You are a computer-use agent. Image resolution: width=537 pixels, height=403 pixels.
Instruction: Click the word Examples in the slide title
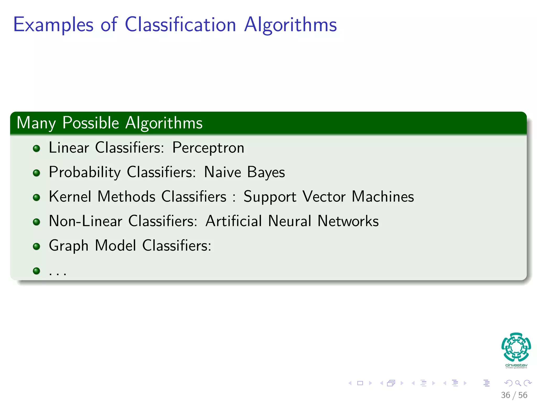pyautogui.click(x=53, y=25)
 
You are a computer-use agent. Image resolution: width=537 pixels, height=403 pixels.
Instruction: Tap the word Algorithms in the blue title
pyautogui.click(x=290, y=25)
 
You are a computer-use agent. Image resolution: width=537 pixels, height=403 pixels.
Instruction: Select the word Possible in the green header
pyautogui.click(x=91, y=123)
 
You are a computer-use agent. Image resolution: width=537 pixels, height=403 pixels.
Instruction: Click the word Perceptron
pyautogui.click(x=208, y=148)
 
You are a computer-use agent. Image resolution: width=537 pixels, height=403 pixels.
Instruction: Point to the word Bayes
pyautogui.click(x=266, y=172)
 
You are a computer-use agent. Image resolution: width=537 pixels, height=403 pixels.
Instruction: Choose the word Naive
pyautogui.click(x=222, y=172)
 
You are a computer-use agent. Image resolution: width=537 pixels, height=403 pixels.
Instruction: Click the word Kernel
pyautogui.click(x=70, y=197)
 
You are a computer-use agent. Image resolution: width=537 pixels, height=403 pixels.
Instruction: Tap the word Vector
pyautogui.click(x=324, y=197)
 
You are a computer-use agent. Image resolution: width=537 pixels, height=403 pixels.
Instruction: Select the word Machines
pyautogui.click(x=383, y=197)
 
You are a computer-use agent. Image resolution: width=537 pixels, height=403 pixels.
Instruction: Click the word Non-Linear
pyautogui.click(x=85, y=221)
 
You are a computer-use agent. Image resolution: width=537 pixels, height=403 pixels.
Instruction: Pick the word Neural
pyautogui.click(x=290, y=221)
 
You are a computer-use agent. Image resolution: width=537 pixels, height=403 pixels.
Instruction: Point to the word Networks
pyautogui.click(x=348, y=221)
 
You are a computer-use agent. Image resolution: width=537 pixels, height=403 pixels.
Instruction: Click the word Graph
pyautogui.click(x=68, y=246)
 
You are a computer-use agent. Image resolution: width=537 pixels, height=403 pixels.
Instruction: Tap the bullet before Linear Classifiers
pyautogui.click(x=36, y=149)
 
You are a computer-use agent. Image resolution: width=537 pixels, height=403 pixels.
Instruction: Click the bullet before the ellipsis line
pyautogui.click(x=36, y=271)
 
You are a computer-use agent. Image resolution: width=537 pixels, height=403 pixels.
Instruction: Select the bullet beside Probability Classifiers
pyautogui.click(x=36, y=173)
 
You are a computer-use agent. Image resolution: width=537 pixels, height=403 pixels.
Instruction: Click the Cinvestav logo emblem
pyautogui.click(x=516, y=347)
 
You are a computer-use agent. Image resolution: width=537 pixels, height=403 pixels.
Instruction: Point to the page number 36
pyautogui.click(x=505, y=395)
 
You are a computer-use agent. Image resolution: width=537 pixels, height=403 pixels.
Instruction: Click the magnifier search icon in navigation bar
pyautogui.click(x=518, y=383)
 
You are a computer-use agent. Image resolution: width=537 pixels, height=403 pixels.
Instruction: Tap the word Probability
pyautogui.click(x=85, y=172)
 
